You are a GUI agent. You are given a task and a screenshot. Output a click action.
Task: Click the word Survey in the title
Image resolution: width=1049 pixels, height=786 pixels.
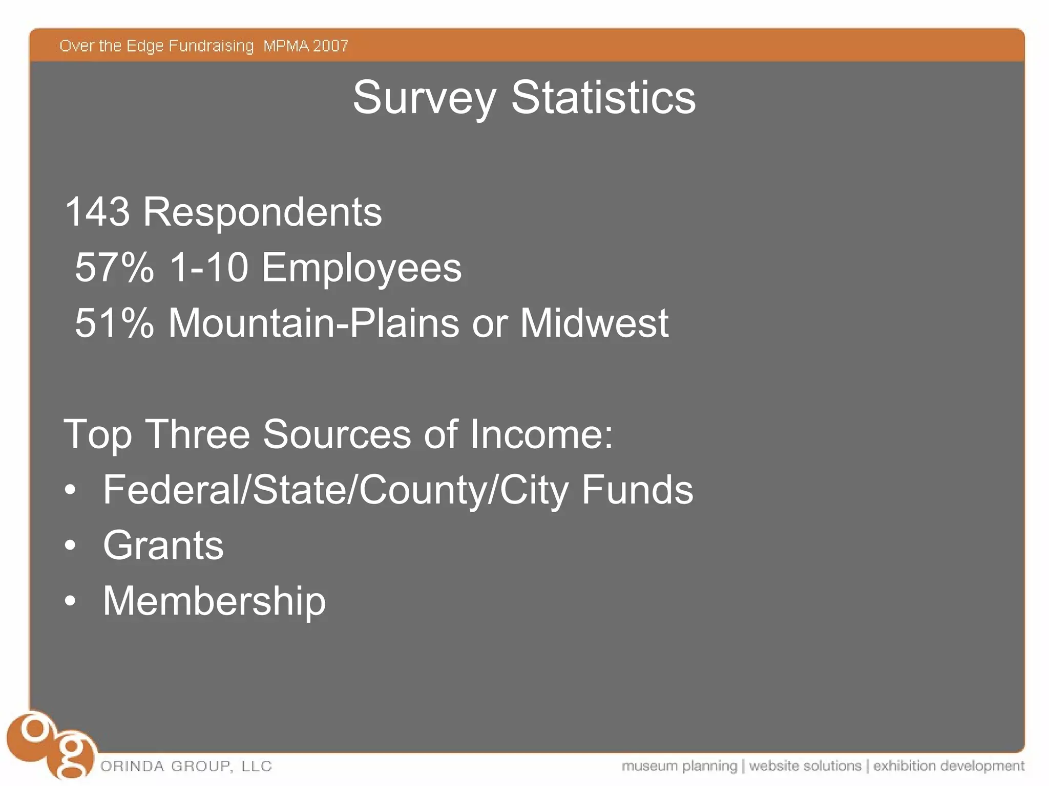pyautogui.click(x=424, y=98)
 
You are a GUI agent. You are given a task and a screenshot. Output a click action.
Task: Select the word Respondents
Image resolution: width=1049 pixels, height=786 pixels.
pyautogui.click(x=262, y=213)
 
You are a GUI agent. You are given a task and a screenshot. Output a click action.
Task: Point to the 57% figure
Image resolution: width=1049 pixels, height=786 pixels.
pyautogui.click(x=114, y=267)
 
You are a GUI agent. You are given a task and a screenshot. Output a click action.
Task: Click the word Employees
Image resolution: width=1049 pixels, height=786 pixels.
pyautogui.click(x=361, y=268)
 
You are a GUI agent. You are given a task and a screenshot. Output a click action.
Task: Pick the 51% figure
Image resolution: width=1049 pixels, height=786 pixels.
pyautogui.click(x=114, y=323)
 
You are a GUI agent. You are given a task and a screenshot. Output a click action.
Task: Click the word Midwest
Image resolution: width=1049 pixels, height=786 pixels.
pyautogui.click(x=594, y=323)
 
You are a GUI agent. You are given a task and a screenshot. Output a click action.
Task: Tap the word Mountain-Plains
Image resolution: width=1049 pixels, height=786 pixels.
pyautogui.click(x=313, y=323)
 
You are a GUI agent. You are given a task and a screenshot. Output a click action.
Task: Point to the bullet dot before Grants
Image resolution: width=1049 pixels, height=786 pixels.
pyautogui.click(x=70, y=545)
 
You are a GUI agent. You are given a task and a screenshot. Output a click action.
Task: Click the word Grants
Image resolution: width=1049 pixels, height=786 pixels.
pyautogui.click(x=163, y=545)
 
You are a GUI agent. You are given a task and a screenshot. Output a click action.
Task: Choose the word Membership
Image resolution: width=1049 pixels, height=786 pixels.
pyautogui.click(x=214, y=601)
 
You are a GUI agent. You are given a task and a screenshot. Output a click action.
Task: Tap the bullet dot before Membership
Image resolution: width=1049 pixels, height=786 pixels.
pyautogui.click(x=70, y=601)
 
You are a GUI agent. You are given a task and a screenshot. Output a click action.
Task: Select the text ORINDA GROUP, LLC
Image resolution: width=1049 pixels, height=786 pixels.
pyautogui.click(x=186, y=766)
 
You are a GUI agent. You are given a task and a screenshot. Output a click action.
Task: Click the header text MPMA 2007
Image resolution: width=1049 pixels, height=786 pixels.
pyautogui.click(x=305, y=46)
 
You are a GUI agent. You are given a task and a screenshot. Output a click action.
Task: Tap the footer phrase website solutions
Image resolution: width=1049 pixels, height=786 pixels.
pyautogui.click(x=805, y=766)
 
